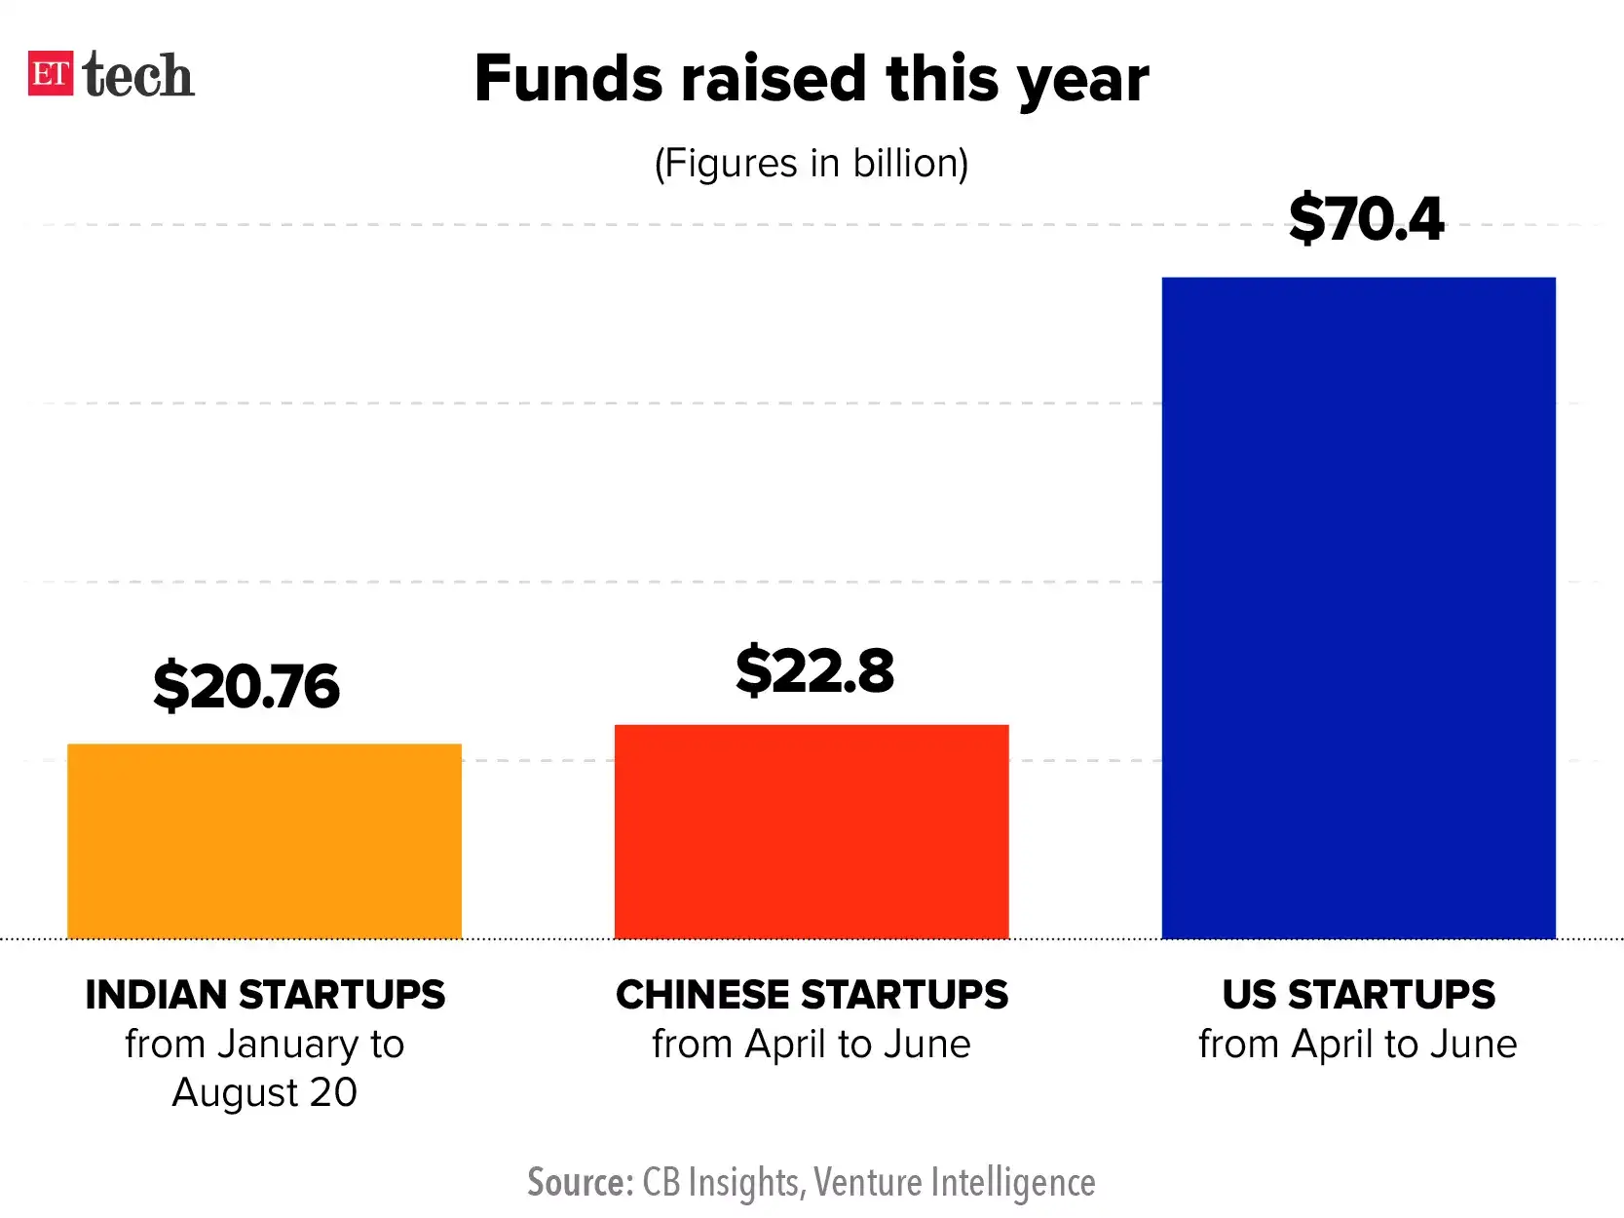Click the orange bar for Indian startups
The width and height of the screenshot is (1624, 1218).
pyautogui.click(x=264, y=841)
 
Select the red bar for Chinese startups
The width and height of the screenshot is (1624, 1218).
pyautogui.click(x=812, y=831)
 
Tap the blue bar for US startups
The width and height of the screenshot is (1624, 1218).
pyautogui.click(x=1358, y=608)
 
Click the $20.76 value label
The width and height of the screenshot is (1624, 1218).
pyautogui.click(x=246, y=686)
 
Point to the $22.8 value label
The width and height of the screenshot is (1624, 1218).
pyautogui.click(x=814, y=670)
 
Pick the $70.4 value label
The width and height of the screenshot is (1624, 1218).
pyautogui.click(x=1366, y=218)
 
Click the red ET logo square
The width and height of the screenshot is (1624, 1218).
pyautogui.click(x=51, y=74)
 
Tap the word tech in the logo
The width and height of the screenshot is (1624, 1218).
pyautogui.click(x=138, y=75)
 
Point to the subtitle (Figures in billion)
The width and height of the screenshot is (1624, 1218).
pyautogui.click(x=812, y=163)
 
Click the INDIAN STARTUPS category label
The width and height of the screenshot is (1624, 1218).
pyautogui.click(x=265, y=995)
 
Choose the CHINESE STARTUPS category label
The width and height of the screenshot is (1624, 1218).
pyautogui.click(x=812, y=995)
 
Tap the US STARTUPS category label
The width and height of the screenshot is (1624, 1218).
pyautogui.click(x=1358, y=995)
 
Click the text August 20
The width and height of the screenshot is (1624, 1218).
pyautogui.click(x=265, y=1092)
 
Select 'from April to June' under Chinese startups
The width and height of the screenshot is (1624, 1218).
pyautogui.click(x=812, y=1045)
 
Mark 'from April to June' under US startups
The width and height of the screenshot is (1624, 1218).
pyautogui.click(x=1358, y=1045)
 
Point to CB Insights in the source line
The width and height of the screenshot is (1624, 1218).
pyautogui.click(x=722, y=1182)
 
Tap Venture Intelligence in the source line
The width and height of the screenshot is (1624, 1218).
pyautogui.click(x=955, y=1182)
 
